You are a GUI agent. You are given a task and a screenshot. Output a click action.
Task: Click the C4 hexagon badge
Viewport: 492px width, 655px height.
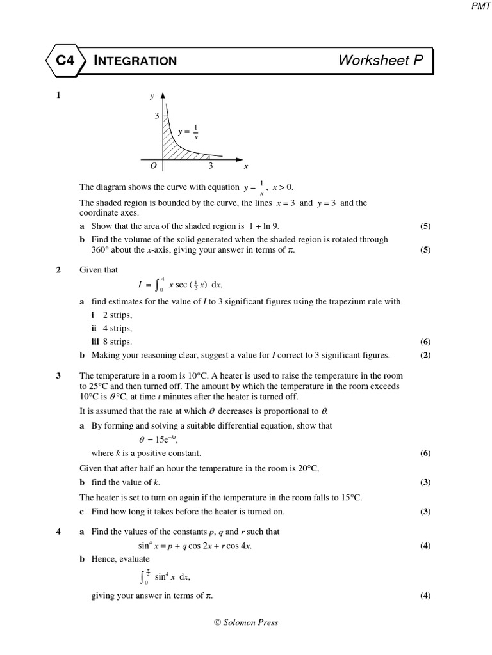65,61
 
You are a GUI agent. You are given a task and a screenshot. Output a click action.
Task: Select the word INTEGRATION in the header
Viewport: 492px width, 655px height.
135,61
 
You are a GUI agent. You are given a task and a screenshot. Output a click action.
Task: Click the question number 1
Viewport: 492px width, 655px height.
58,95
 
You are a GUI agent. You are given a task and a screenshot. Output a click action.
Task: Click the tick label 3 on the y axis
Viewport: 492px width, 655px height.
156,116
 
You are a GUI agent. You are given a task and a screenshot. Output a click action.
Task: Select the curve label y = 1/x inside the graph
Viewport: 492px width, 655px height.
188,132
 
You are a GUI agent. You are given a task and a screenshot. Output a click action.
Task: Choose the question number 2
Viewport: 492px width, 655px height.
58,270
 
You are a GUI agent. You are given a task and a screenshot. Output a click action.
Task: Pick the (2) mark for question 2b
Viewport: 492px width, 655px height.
425,355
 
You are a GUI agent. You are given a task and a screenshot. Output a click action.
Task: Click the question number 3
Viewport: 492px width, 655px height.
58,375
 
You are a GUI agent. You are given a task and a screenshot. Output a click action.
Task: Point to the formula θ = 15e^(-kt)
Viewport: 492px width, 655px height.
158,440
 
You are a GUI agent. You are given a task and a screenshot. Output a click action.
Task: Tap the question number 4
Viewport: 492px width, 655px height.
58,532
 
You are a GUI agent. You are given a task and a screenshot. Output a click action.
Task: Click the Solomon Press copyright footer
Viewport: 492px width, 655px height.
246,622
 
